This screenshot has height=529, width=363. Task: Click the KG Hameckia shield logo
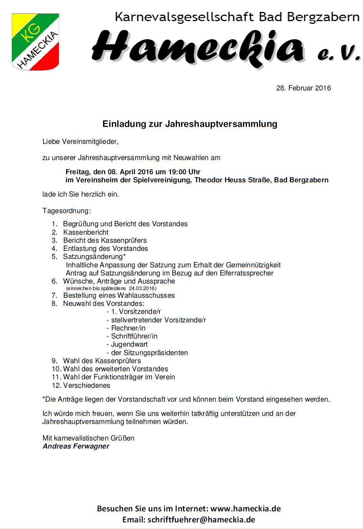35,42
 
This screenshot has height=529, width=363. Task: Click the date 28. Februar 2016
303,88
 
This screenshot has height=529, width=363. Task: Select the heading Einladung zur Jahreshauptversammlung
190,124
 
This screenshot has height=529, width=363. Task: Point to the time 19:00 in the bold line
176,172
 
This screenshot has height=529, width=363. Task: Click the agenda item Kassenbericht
86,232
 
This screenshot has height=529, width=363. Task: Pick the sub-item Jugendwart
129,344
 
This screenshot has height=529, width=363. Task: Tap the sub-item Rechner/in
128,328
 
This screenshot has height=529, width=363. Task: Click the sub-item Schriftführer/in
134,336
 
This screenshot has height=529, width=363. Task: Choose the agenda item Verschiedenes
87,385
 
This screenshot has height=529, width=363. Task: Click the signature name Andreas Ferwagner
76,446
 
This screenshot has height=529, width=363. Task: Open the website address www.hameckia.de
245,509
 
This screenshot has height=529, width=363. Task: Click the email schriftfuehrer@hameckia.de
201,520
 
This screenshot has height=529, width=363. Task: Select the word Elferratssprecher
246,273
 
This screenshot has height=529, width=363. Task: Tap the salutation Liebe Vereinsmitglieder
80,142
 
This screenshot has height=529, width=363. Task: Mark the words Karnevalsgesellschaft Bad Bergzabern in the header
237,17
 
